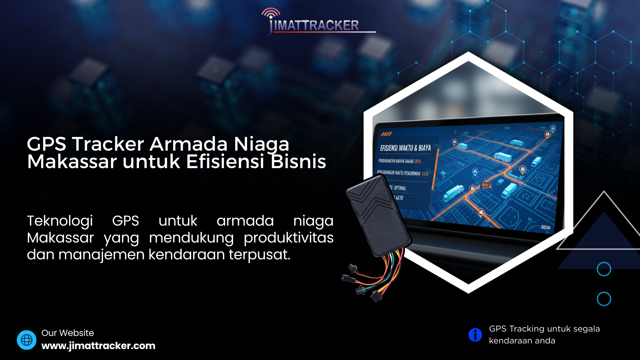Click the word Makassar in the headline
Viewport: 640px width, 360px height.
click(x=72, y=162)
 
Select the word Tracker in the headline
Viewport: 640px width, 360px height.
click(x=108, y=144)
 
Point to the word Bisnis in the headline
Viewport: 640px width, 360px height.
click(x=298, y=162)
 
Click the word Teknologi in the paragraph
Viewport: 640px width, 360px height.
click(x=60, y=221)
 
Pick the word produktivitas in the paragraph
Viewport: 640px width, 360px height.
click(x=289, y=238)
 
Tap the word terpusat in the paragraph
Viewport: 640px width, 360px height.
click(x=259, y=255)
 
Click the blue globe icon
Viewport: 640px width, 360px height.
click(x=27, y=340)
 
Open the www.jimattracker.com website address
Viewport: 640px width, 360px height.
click(x=98, y=346)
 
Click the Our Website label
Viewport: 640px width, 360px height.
click(x=68, y=333)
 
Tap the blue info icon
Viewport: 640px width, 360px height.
click(x=475, y=335)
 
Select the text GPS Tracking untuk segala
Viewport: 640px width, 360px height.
click(x=544, y=329)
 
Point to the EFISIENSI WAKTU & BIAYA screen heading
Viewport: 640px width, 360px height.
click(x=405, y=148)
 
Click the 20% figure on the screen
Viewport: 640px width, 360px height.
click(x=418, y=161)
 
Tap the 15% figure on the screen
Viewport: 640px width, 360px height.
click(x=425, y=174)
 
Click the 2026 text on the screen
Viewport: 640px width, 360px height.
click(x=546, y=227)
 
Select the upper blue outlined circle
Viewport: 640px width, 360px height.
click(x=604, y=269)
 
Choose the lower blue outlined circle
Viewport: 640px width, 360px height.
click(x=604, y=299)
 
